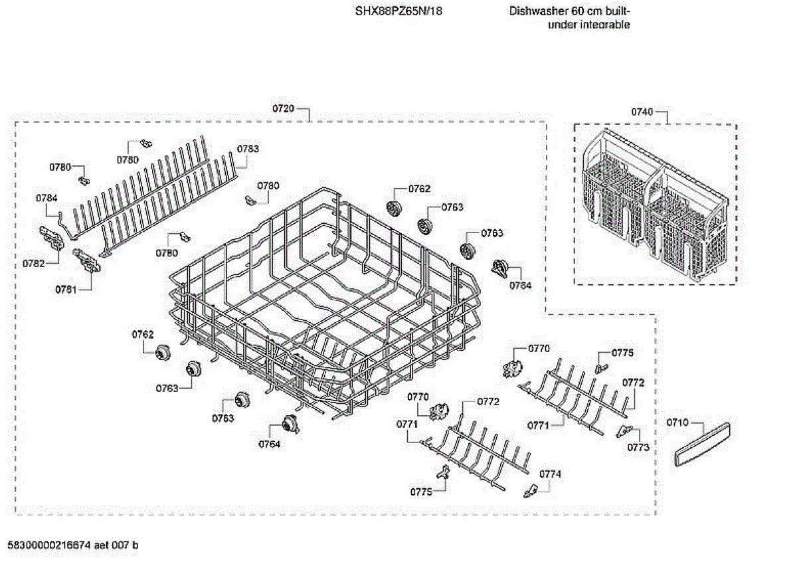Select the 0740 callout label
pos(642,112)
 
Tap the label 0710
pos(677,423)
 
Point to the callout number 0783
pos(248,149)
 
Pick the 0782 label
pos(33,263)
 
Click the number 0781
pos(66,289)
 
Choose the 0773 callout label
pos(638,448)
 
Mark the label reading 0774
pos(550,474)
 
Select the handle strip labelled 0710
pos(702,443)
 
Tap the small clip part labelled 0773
pos(623,430)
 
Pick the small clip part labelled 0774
pos(530,490)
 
